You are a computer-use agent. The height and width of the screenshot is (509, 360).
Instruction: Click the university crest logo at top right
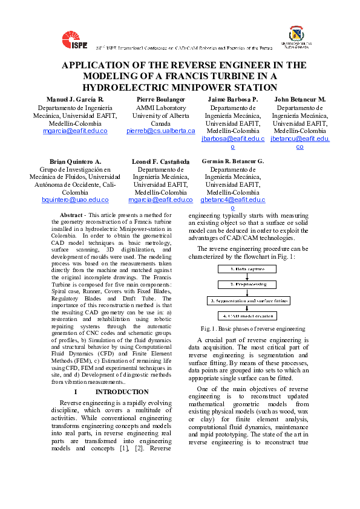click(x=297, y=36)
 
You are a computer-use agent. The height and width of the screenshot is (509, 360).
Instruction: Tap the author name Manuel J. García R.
click(x=76, y=99)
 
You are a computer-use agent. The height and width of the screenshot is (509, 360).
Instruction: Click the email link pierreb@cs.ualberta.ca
click(x=161, y=131)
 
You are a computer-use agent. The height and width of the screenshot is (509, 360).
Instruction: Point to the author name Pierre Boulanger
click(x=160, y=99)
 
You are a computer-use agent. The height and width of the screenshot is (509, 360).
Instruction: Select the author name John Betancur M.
click(x=300, y=99)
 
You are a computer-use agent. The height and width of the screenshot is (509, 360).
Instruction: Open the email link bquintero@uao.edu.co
click(x=76, y=199)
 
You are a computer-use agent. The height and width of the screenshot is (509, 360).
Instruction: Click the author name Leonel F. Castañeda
click(x=160, y=162)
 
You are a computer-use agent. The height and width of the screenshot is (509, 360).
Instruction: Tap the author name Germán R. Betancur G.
click(x=233, y=161)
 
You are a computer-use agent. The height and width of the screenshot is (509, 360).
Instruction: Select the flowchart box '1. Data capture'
click(x=248, y=269)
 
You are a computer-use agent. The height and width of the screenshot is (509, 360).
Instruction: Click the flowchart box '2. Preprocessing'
click(x=248, y=284)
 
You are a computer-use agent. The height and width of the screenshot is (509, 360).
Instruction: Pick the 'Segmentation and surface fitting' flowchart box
click(x=248, y=300)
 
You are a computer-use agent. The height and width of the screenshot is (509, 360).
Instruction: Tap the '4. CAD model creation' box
click(x=248, y=316)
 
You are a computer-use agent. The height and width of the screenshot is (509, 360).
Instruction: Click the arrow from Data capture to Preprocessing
click(x=248, y=276)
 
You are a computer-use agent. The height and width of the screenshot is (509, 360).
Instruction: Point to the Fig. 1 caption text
click(x=249, y=329)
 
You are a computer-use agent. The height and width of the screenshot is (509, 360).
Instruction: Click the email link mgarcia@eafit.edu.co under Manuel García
click(x=76, y=131)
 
